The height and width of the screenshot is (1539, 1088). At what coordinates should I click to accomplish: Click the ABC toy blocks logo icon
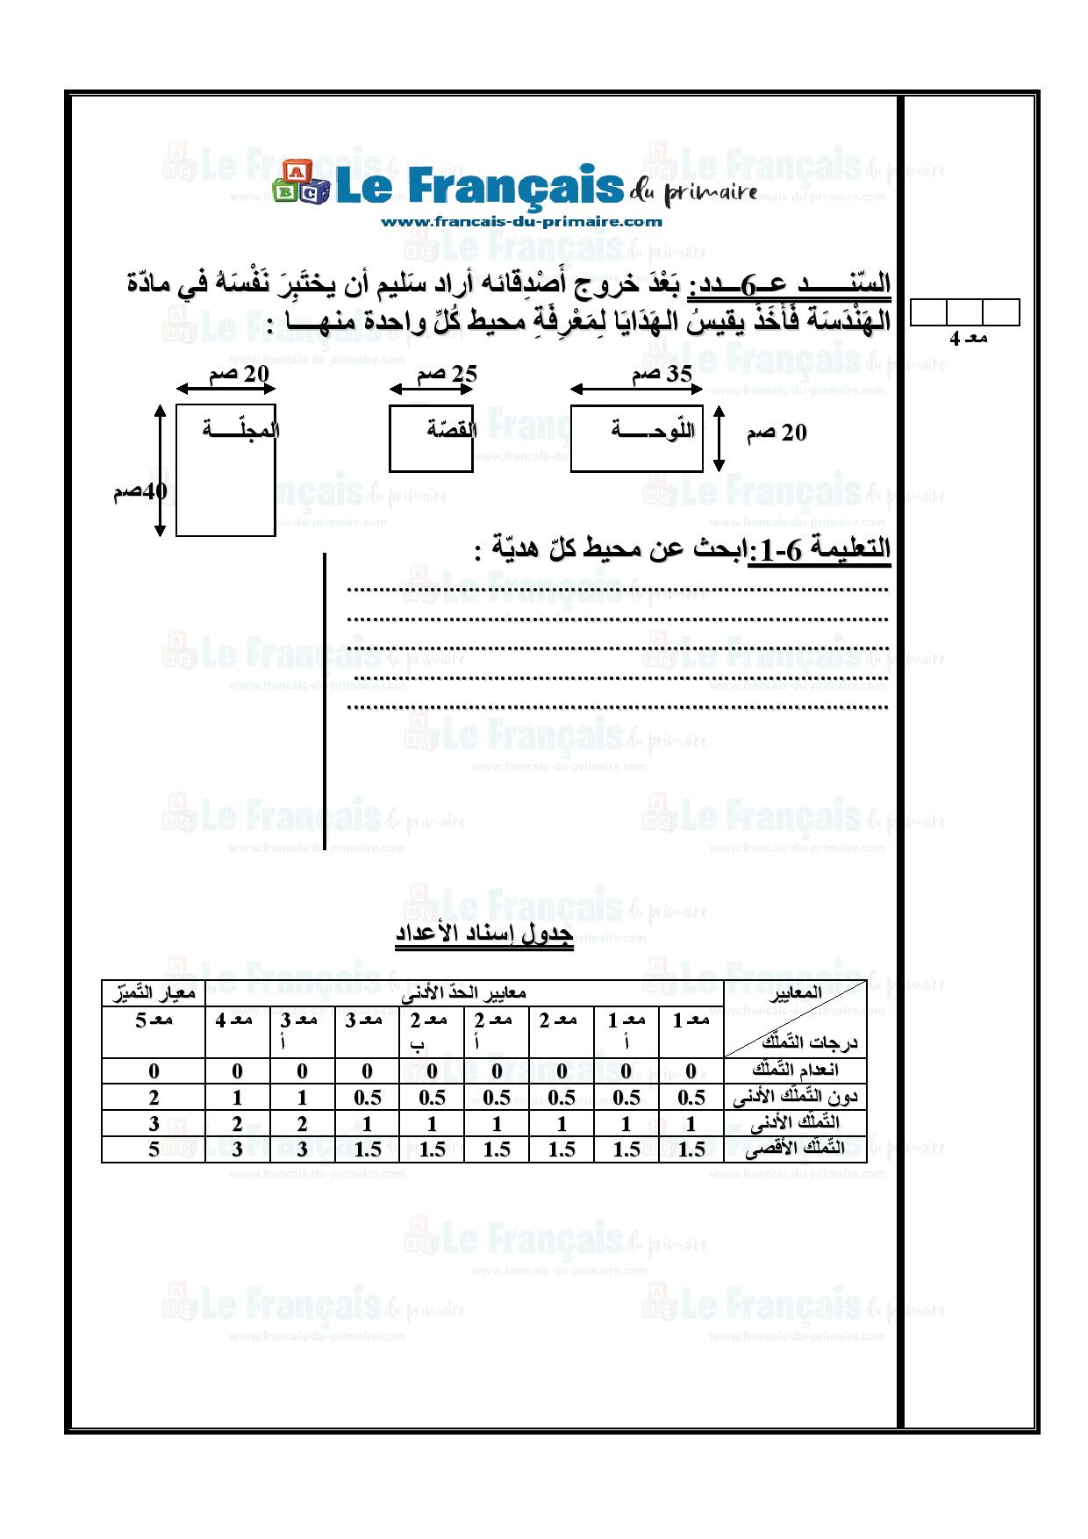click(x=300, y=184)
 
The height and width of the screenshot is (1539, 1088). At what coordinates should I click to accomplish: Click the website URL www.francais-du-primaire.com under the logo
click(x=521, y=222)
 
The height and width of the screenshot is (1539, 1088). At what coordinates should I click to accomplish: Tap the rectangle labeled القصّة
click(x=431, y=439)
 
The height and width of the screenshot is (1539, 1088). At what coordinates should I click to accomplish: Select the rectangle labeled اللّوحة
click(x=636, y=439)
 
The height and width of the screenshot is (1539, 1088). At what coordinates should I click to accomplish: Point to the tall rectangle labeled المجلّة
click(x=225, y=470)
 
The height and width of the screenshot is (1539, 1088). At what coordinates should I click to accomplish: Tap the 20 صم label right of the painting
click(x=776, y=433)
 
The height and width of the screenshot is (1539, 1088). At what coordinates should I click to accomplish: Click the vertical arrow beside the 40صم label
click(x=160, y=470)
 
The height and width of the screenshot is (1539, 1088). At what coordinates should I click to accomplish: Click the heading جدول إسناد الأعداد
click(x=483, y=934)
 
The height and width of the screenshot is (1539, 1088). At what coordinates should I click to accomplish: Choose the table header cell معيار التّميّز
click(x=154, y=993)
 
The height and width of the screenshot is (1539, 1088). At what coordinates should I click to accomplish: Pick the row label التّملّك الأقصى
click(x=795, y=1149)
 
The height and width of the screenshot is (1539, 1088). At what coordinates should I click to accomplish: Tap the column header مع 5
click(x=154, y=1020)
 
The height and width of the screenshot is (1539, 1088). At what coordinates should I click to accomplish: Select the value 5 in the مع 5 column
click(x=154, y=1149)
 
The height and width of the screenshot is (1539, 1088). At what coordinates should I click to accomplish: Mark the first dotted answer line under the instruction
click(x=618, y=590)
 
